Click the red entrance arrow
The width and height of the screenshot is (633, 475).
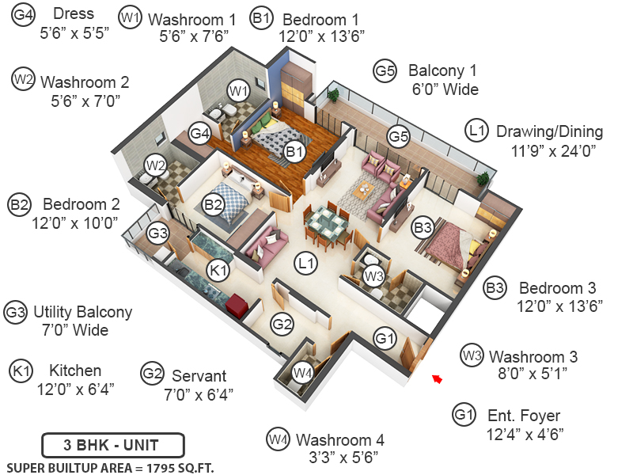(437, 379)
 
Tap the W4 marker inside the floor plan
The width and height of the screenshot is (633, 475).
(303, 372)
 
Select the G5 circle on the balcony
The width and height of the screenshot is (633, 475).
(399, 136)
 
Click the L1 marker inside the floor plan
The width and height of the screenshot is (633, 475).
(305, 264)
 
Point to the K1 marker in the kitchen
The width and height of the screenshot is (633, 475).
(218, 270)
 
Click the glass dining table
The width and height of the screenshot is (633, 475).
(326, 222)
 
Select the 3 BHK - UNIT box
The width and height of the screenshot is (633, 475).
(113, 445)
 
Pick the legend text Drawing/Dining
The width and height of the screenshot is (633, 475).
(549, 131)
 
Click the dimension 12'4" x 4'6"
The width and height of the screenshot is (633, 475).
(525, 435)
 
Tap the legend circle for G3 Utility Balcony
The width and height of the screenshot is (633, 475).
(15, 312)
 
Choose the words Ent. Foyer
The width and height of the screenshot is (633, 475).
(524, 415)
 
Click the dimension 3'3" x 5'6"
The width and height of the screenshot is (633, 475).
(343, 458)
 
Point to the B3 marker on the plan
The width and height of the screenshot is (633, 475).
(423, 227)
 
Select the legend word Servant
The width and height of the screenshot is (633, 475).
(199, 376)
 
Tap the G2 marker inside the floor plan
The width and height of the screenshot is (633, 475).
(282, 324)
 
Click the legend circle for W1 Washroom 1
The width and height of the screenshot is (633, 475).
(130, 17)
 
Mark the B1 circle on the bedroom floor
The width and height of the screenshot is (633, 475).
(294, 152)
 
